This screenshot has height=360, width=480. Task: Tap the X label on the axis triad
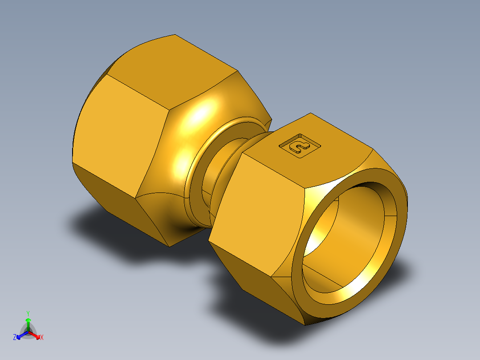point(42,337)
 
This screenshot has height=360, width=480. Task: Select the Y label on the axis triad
point(28,313)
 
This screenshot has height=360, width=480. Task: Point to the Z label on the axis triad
point(15,337)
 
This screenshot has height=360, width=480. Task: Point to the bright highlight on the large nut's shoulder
point(203,111)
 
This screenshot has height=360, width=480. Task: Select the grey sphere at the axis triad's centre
point(28,332)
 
